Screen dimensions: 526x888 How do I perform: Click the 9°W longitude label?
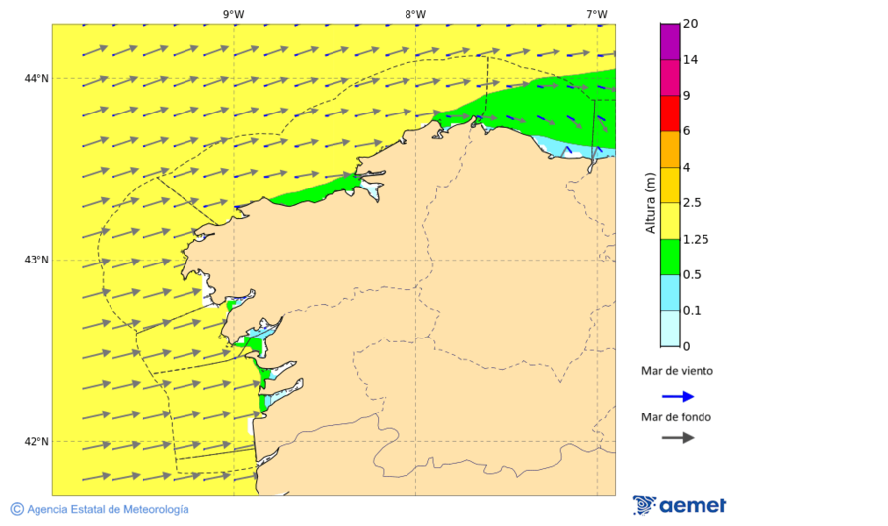coord(233,14)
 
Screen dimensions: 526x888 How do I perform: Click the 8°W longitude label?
coord(414,14)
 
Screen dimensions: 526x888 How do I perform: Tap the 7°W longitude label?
coord(596,14)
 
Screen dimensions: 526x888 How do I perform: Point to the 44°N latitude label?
coord(37,78)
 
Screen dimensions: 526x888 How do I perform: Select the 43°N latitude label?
coord(37,260)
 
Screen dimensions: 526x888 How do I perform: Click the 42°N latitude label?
coord(37,441)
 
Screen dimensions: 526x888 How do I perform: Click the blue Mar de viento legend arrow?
coord(677,396)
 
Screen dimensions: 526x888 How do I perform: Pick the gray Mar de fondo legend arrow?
coord(677,438)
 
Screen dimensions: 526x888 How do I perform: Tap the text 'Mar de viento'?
coord(677,372)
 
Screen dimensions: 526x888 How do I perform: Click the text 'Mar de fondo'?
coord(676,417)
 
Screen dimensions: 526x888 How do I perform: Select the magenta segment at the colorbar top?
coord(670,41)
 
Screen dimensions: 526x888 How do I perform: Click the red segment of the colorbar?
coord(670,113)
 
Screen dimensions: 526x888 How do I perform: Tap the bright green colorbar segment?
coord(670,257)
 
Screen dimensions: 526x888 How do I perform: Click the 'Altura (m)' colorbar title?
coord(649,202)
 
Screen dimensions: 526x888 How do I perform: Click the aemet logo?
coord(680,505)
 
